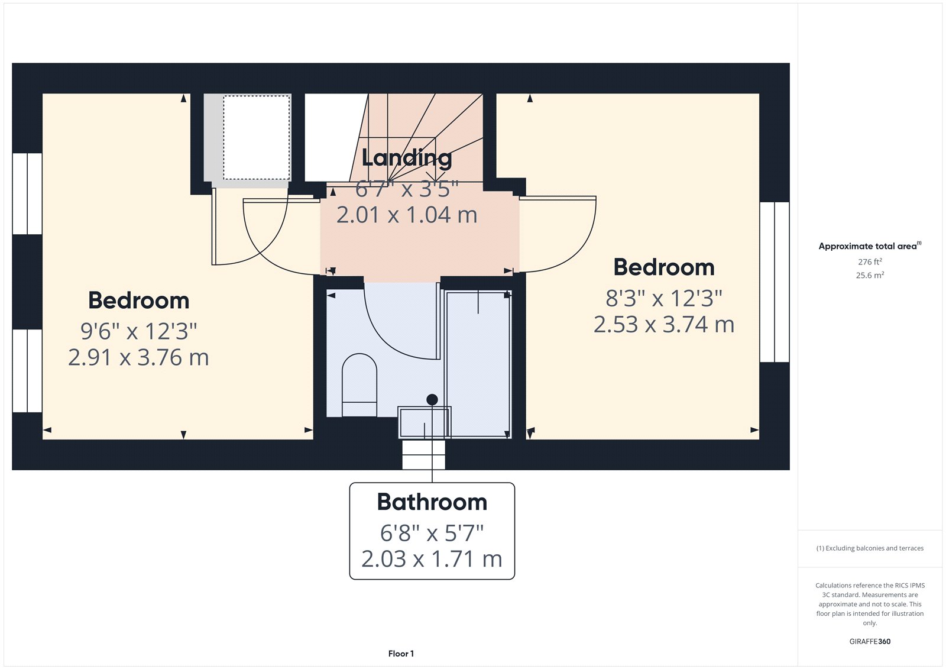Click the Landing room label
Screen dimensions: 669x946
point(406,158)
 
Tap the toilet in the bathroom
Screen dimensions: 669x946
point(359,385)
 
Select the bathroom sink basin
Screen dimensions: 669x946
point(424,422)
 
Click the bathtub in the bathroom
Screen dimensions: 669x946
point(478,364)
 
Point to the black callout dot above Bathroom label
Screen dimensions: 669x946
point(432,400)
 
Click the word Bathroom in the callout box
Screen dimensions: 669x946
point(432,502)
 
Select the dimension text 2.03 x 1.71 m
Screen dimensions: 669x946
point(432,559)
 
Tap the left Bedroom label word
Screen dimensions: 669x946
point(138,300)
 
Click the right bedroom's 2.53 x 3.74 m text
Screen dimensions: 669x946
point(663,325)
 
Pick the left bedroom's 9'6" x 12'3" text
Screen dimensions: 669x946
point(138,331)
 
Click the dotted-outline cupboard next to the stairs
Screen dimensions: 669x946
point(256,137)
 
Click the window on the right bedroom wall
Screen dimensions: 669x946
point(774,282)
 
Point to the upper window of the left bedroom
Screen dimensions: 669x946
point(27,194)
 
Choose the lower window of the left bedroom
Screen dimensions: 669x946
point(27,371)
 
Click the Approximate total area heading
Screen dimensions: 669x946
point(867,246)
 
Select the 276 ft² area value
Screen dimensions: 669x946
point(870,261)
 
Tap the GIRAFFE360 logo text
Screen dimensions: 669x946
point(870,641)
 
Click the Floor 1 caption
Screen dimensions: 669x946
point(401,654)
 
